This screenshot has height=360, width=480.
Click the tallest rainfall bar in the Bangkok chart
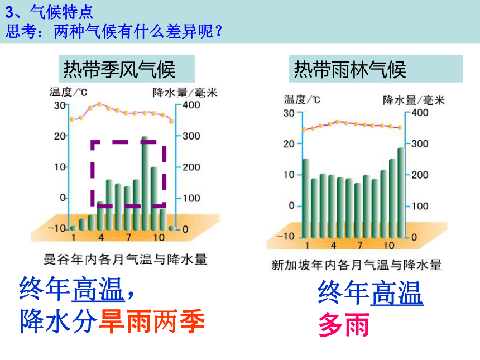[x=145, y=183]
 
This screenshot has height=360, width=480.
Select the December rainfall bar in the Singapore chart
[x=401, y=193]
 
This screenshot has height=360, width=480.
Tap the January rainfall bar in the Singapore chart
[x=305, y=198]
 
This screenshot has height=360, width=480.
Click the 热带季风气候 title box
[x=127, y=69]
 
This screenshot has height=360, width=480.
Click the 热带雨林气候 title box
[x=376, y=69]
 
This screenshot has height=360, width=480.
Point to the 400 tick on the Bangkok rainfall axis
[x=191, y=105]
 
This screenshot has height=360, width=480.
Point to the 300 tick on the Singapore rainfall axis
[x=420, y=144]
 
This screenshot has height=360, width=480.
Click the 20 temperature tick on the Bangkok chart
[x=60, y=136]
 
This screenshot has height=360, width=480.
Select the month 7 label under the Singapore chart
[x=360, y=245]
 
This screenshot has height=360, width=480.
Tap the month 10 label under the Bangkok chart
[x=159, y=238]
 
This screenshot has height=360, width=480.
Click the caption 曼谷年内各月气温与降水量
[x=126, y=260]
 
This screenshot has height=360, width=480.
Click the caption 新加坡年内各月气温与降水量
[x=357, y=265]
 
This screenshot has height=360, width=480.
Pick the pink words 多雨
[x=344, y=324]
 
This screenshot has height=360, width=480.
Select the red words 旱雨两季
[x=152, y=321]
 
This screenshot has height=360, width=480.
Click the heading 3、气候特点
[x=49, y=12]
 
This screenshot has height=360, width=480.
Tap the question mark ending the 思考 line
[x=219, y=31]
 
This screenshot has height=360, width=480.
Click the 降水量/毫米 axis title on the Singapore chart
[x=414, y=100]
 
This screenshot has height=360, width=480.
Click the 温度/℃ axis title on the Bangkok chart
[x=68, y=92]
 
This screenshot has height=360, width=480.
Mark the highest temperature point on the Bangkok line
[x=99, y=104]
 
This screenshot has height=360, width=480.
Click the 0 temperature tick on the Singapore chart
[x=292, y=206]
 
